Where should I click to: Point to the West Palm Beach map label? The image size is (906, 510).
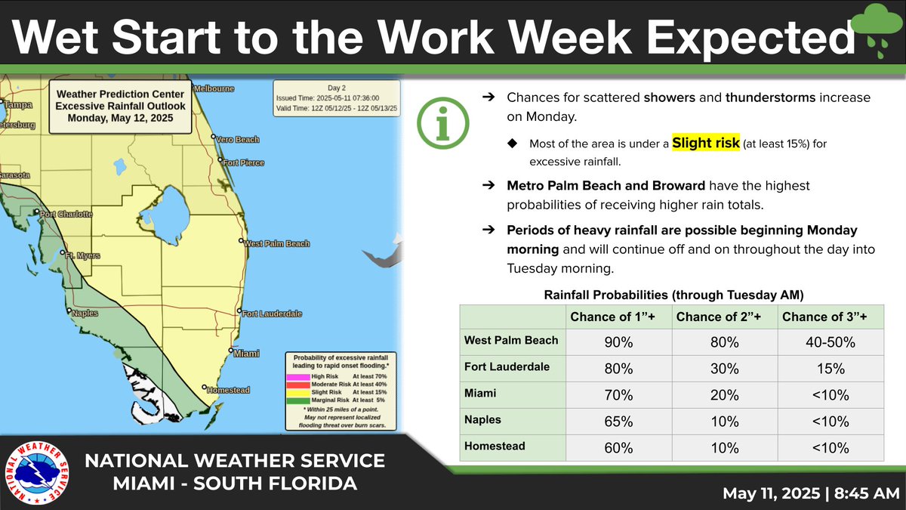276,243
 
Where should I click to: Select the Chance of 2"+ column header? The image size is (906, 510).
725,317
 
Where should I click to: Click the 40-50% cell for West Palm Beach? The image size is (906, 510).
830,342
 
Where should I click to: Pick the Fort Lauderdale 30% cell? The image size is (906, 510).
725,368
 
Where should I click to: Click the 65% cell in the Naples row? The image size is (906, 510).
619,421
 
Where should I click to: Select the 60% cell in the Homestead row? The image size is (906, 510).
619,447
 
